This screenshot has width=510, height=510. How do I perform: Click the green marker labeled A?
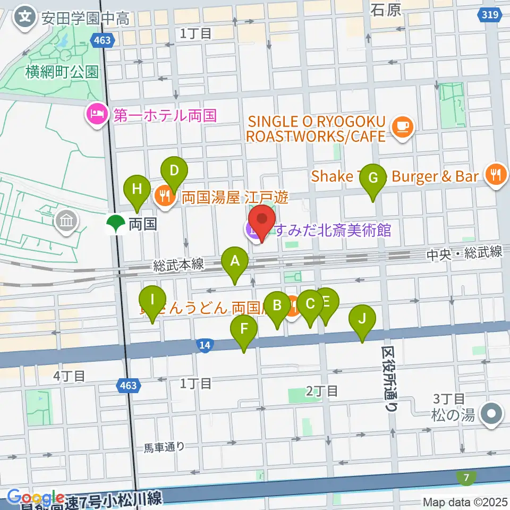[x=234, y=261]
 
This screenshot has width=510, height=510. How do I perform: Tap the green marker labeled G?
[x=373, y=178]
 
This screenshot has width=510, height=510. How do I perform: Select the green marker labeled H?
[x=137, y=189]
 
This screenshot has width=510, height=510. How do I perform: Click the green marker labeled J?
[x=362, y=319]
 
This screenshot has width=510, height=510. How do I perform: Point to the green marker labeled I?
[x=152, y=300]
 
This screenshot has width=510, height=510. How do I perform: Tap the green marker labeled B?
[x=277, y=306]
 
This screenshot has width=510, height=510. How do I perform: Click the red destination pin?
[x=261, y=220]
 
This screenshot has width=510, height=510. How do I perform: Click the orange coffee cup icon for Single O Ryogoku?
[x=403, y=128]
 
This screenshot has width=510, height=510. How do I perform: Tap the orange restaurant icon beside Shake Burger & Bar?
[x=495, y=176]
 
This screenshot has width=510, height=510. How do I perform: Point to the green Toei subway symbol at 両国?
[x=115, y=224]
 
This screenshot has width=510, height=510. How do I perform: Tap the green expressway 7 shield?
[x=466, y=478]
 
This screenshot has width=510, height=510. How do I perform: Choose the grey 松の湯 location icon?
[x=491, y=414]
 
